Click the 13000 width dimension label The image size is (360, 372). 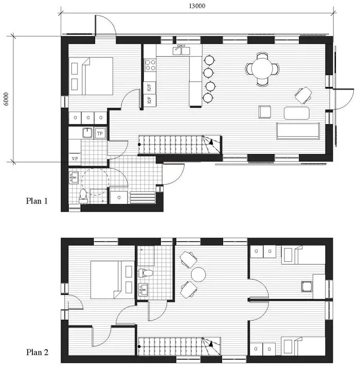[x=197, y=6]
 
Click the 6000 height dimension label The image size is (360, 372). [x=6, y=99]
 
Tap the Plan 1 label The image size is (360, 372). [x=37, y=201]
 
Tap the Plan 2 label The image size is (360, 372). [x=37, y=352]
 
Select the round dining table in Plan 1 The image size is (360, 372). [x=262, y=69]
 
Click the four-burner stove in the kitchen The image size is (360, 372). [x=150, y=65]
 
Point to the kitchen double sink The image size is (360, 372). [x=182, y=50]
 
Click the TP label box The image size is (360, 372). [x=100, y=134]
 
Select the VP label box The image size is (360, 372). [x=75, y=158]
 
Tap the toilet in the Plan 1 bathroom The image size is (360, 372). [x=83, y=197]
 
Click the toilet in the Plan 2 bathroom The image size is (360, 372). [x=145, y=273]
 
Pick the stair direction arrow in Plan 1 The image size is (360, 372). [x=211, y=142]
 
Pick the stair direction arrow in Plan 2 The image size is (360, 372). [x=210, y=344]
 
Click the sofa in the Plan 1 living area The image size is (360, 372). [x=298, y=131]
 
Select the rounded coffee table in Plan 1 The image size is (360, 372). [x=297, y=113]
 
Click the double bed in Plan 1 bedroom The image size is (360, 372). [x=91, y=76]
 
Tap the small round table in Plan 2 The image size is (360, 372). [x=199, y=274]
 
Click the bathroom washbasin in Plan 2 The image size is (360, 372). [x=143, y=290]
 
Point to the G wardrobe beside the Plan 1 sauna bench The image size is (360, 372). [x=119, y=197]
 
